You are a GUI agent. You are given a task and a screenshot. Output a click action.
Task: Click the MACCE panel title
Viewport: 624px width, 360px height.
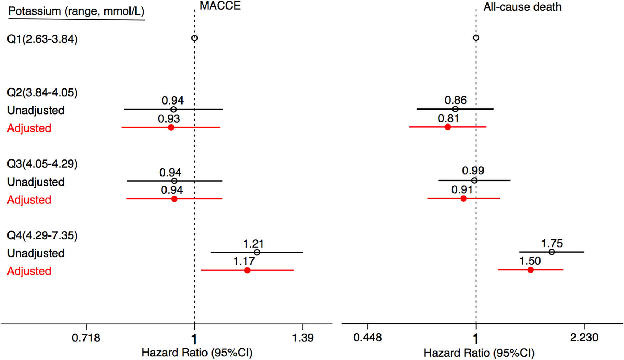[220, 6]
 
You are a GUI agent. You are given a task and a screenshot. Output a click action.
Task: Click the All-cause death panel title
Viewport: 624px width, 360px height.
[522, 7]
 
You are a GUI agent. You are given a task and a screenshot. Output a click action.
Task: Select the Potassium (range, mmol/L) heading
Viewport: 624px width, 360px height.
[76, 11]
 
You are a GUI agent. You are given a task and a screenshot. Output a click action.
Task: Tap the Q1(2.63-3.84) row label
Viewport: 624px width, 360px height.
[42, 39]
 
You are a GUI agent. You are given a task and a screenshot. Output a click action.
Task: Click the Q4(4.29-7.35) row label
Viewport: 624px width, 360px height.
[42, 235]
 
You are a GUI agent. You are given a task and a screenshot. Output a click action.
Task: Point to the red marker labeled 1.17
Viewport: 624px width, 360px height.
[247, 270]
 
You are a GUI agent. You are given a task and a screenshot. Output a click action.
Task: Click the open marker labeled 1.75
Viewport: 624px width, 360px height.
[552, 252]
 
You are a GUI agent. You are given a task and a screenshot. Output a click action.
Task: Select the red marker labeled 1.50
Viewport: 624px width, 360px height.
[531, 270]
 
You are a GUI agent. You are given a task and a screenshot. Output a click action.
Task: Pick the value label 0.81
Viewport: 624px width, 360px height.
[448, 118]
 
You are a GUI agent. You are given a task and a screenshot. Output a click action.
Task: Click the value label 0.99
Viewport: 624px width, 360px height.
[473, 171]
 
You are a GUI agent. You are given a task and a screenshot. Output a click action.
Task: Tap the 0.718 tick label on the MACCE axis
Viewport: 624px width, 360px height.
[86, 338]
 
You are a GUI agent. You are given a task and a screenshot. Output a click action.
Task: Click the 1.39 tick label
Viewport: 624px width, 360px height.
[303, 338]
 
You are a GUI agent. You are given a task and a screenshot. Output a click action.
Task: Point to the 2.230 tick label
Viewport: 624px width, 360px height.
[584, 338]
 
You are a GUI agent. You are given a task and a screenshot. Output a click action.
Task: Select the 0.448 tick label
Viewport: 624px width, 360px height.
[368, 338]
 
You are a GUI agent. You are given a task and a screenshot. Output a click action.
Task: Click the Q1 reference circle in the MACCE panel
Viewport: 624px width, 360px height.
[194, 38]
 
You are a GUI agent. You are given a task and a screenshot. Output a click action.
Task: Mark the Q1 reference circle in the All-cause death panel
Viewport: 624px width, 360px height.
[476, 38]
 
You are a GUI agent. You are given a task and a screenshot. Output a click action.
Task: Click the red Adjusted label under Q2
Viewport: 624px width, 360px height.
[29, 128]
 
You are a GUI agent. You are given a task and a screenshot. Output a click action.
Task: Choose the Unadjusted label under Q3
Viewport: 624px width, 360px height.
[36, 182]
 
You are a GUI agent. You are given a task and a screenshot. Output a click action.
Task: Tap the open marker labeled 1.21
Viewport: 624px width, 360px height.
[257, 252]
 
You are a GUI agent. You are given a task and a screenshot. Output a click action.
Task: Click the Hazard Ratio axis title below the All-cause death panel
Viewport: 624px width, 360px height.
[479, 353]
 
